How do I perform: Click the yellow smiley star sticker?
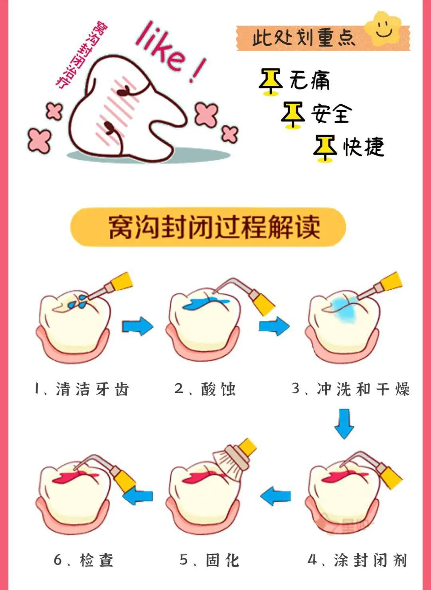tap(384, 29)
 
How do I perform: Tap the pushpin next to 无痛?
tap(271, 82)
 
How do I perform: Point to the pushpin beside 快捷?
tap(325, 148)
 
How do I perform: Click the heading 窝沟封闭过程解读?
tap(214, 227)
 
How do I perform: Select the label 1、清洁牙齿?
tap(82, 389)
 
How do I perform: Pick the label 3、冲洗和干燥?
tap(351, 389)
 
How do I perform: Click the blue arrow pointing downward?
tap(344, 424)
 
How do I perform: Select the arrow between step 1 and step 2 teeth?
tap(137, 326)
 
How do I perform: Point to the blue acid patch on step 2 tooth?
tap(206, 303)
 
